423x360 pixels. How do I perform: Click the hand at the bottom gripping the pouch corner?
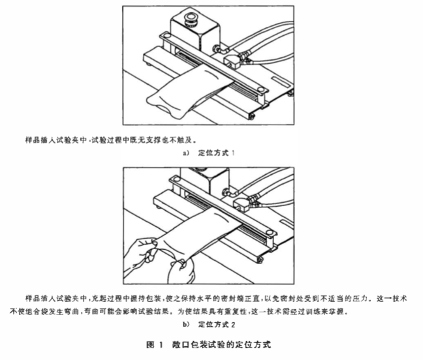click(x=180, y=267)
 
